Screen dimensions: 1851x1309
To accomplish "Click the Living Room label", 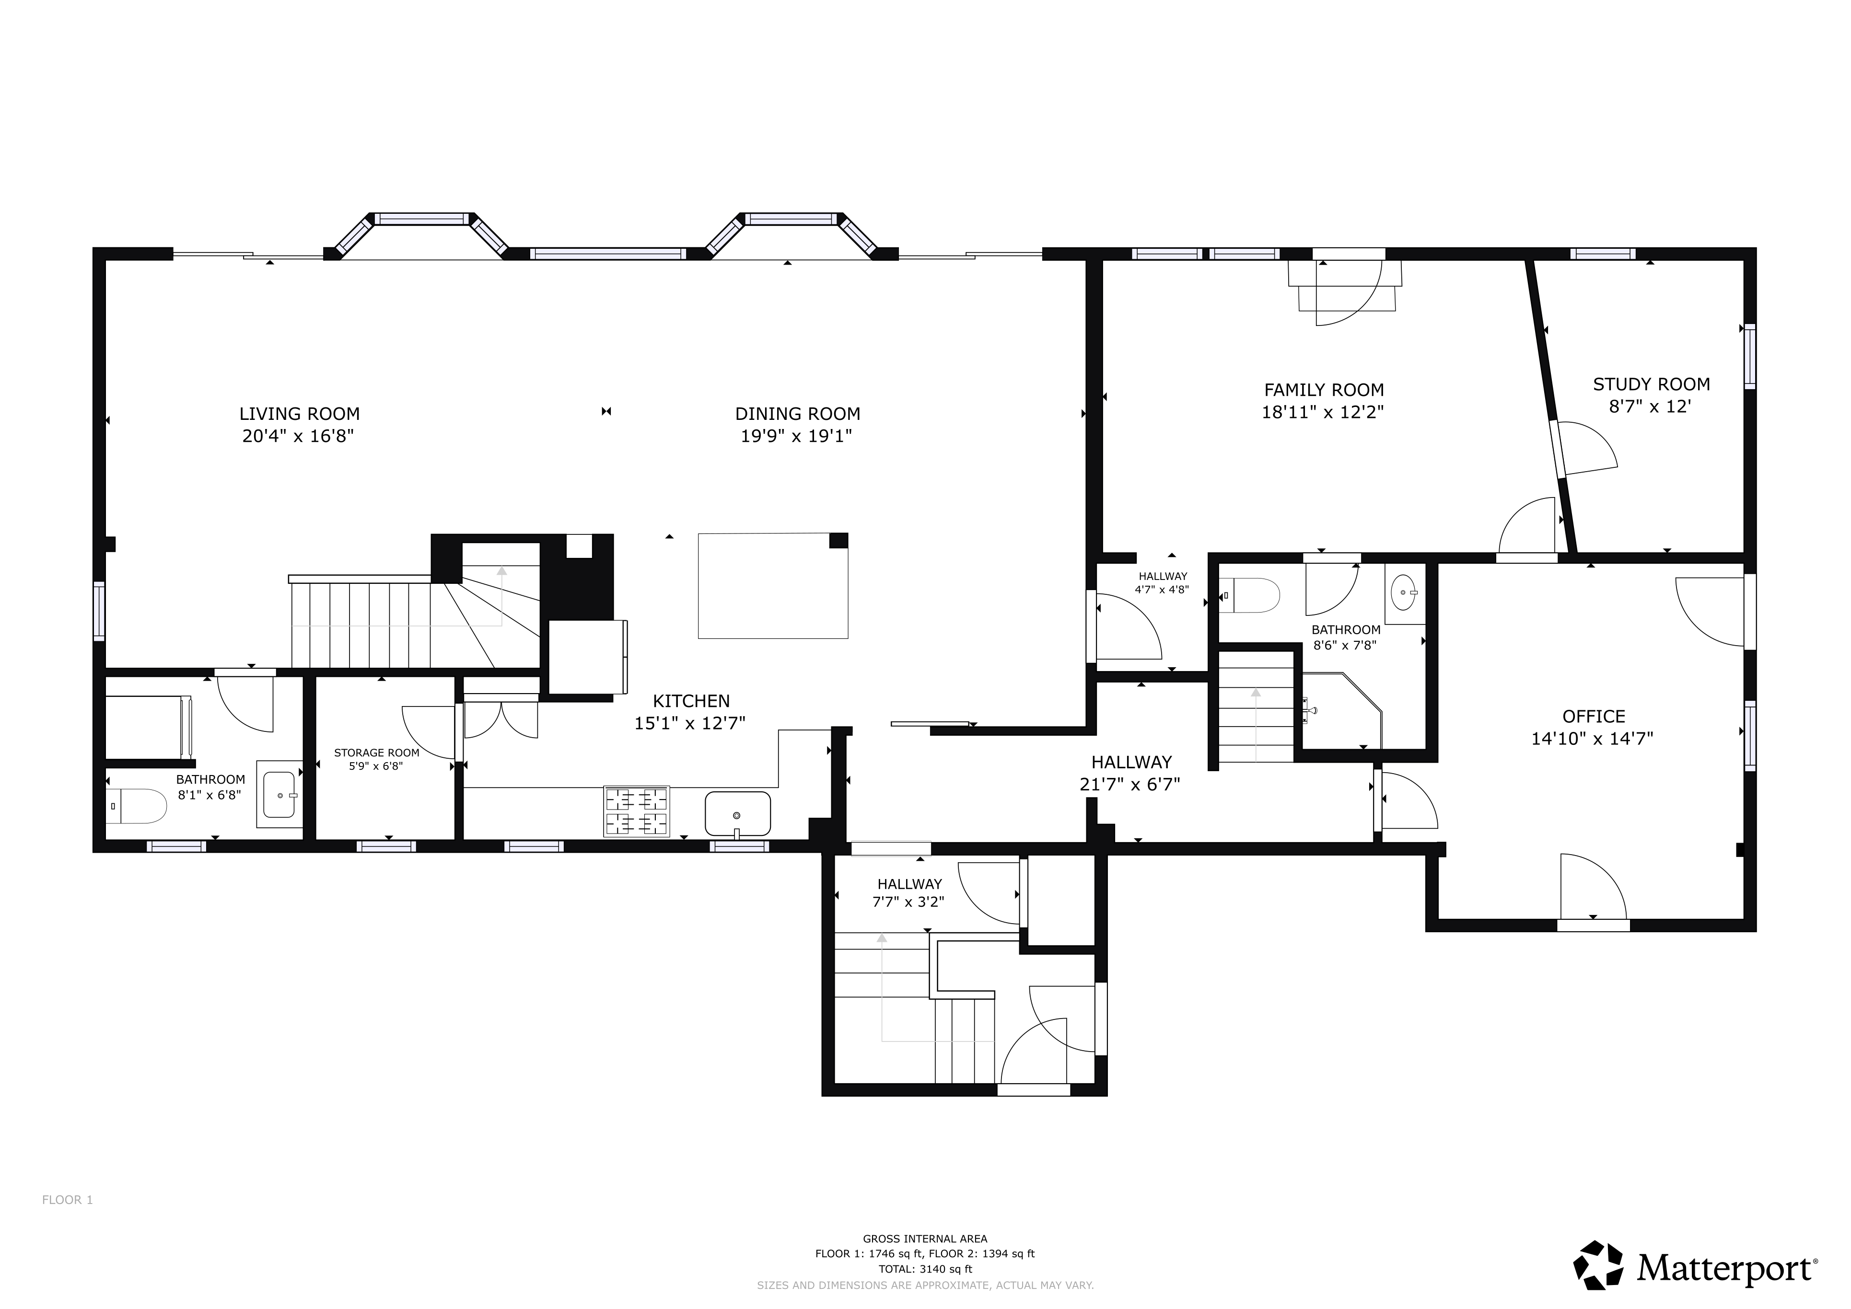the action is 299,414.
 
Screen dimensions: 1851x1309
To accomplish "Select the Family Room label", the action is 1324,390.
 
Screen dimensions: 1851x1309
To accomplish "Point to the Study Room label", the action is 1651,384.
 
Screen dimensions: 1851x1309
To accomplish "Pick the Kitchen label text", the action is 691,701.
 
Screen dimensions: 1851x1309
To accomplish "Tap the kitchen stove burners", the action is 637,811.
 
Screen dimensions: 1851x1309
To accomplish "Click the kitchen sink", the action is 738,814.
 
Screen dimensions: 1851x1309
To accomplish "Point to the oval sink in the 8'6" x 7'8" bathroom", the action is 1404,593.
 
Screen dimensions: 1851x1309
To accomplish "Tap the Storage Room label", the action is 376,753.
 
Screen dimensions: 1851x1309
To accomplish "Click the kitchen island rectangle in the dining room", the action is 773,586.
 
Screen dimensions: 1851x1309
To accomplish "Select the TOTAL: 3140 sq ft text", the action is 925,1269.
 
